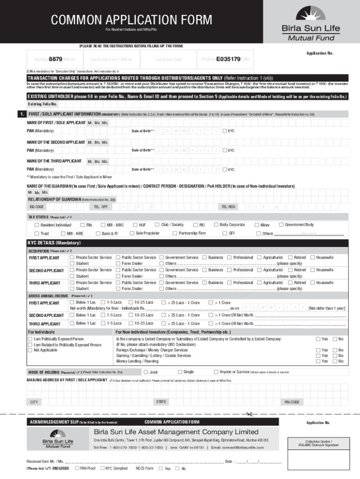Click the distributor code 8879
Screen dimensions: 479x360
[x=56, y=59]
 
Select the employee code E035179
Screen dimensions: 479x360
[x=228, y=59]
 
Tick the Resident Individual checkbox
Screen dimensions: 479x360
[x=37, y=225]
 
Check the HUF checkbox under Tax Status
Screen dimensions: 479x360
[x=130, y=225]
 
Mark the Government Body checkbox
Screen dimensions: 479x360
[x=281, y=225]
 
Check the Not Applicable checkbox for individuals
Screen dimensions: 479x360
[x=31, y=350]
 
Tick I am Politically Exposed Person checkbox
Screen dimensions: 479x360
[x=31, y=339]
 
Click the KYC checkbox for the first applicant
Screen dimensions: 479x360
[x=225, y=131]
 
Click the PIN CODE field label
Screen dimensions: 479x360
[x=292, y=402]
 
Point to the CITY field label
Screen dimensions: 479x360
[x=34, y=402]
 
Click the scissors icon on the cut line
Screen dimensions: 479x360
[x=248, y=414]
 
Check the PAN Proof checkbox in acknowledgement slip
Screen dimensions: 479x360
[x=77, y=468]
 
